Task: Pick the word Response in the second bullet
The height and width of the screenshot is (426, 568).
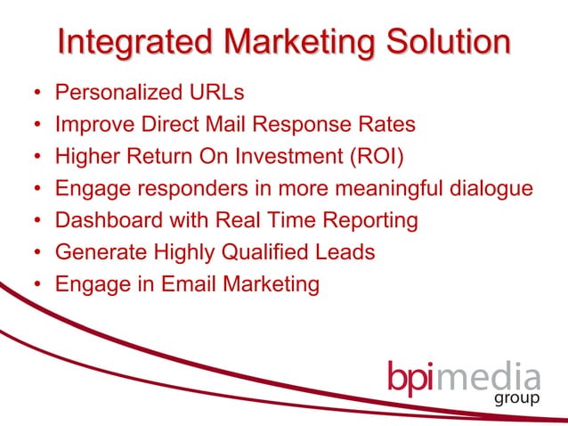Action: pos(313,124)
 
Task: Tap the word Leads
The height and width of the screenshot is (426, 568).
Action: pos(346,252)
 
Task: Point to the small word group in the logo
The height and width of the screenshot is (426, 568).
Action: pos(516,397)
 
